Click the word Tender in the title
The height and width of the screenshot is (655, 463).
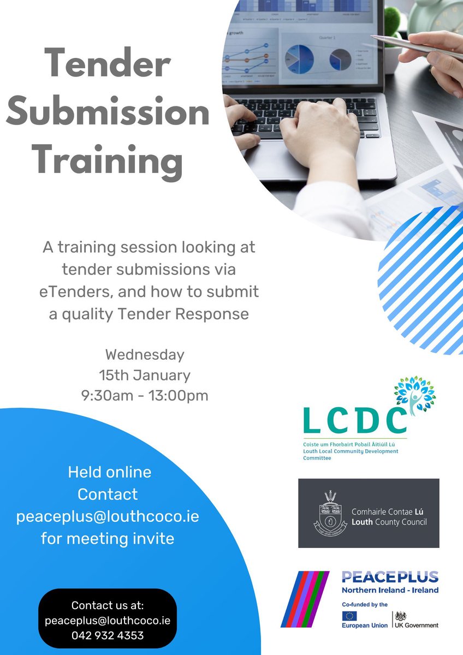pyautogui.click(x=108, y=64)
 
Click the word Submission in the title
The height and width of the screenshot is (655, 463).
pyautogui.click(x=108, y=114)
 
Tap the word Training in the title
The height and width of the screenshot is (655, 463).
pyautogui.click(x=108, y=162)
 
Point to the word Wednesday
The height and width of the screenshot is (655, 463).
pyautogui.click(x=145, y=354)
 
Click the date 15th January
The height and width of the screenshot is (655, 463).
pyautogui.click(x=145, y=375)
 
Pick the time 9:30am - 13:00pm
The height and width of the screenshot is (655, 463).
pyautogui.click(x=145, y=395)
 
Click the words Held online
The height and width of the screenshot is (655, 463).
pyautogui.click(x=109, y=472)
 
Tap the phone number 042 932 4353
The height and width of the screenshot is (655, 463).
pyautogui.click(x=108, y=635)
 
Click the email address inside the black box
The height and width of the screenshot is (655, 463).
pyautogui.click(x=108, y=621)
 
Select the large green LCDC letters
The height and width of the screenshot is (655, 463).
pyautogui.click(x=354, y=420)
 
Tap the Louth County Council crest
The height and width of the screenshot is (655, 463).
pyautogui.click(x=330, y=513)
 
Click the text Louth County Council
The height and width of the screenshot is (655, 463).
pyautogui.click(x=389, y=522)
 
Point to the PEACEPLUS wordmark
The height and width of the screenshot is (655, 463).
pyautogui.click(x=390, y=577)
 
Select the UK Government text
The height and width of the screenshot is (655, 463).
pyautogui.click(x=417, y=625)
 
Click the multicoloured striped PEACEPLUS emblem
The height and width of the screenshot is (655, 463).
pyautogui.click(x=305, y=599)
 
